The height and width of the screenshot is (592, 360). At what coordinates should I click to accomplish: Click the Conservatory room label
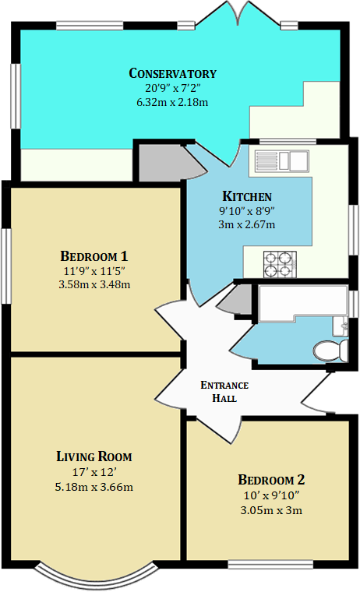pyautogui.click(x=173, y=73)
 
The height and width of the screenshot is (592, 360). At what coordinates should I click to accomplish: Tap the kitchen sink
pyautogui.click(x=282, y=160)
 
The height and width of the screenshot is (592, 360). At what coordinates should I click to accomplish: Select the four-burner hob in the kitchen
pyautogui.click(x=280, y=265)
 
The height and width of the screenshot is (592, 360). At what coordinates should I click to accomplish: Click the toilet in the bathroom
pyautogui.click(x=330, y=351)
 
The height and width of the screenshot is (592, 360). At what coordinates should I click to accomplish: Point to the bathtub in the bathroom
pyautogui.click(x=303, y=303)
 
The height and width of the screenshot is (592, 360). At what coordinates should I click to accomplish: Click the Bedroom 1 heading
pyautogui.click(x=94, y=256)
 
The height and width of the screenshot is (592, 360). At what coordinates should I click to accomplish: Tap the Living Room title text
pyautogui.click(x=94, y=456)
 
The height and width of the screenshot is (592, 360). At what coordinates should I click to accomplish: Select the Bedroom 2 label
pyautogui.click(x=271, y=480)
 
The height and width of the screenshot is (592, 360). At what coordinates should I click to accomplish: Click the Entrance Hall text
pyautogui.click(x=224, y=392)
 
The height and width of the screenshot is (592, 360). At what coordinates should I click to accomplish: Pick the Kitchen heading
pyautogui.click(x=247, y=196)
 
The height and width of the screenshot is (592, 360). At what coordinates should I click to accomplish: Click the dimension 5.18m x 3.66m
pyautogui.click(x=94, y=487)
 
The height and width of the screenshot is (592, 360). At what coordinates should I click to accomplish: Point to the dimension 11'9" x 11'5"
pyautogui.click(x=94, y=271)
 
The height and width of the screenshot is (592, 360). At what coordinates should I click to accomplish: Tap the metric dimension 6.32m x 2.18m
pyautogui.click(x=172, y=102)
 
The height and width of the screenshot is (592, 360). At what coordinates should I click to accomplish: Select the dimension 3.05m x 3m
pyautogui.click(x=271, y=510)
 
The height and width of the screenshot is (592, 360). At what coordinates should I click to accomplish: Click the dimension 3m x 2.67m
pyautogui.click(x=247, y=224)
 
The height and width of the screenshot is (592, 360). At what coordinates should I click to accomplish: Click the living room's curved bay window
pyautogui.click(x=97, y=577)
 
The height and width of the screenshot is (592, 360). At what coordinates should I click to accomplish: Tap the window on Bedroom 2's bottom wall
pyautogui.click(x=270, y=565)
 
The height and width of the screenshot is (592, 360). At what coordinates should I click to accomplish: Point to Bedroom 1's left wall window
pyautogui.click(x=5, y=266)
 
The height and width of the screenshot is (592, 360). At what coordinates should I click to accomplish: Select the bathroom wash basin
pyautogui.click(x=341, y=326)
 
